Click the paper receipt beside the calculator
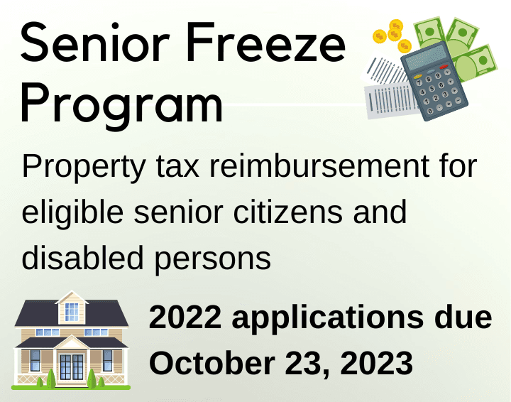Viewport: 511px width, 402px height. (387, 93)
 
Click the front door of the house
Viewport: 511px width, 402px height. (71, 366)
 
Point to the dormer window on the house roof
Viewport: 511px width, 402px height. (72, 310)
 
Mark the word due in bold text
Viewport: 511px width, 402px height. (464, 317)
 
